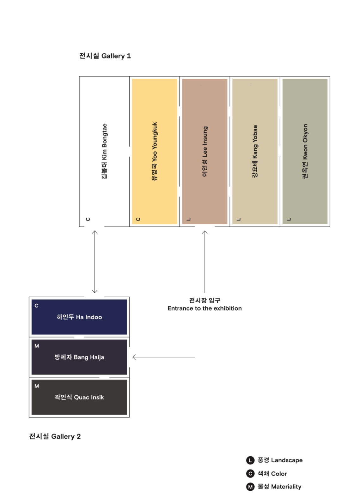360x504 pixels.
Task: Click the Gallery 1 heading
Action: pyautogui.click(x=105, y=56)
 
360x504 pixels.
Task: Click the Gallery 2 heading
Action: pyautogui.click(x=55, y=436)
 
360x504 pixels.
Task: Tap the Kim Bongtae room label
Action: pyautogui.click(x=104, y=151)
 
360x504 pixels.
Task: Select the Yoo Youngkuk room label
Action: pyautogui.click(x=155, y=151)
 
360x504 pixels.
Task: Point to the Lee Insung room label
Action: pyautogui.click(x=205, y=151)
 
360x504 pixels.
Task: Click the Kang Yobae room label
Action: pyautogui.click(x=255, y=151)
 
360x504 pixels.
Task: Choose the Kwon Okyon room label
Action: pyautogui.click(x=305, y=151)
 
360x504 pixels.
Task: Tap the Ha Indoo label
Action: pyautogui.click(x=79, y=317)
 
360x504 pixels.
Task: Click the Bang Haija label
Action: pyautogui.click(x=79, y=357)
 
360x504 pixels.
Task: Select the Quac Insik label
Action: pyautogui.click(x=79, y=397)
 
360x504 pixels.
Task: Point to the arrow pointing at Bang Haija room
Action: pyautogui.click(x=163, y=357)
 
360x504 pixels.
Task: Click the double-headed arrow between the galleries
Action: pyautogui.click(x=95, y=262)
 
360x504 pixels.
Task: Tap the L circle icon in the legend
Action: pyautogui.click(x=250, y=460)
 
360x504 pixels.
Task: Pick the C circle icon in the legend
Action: pyautogui.click(x=250, y=474)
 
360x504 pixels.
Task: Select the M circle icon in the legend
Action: pyautogui.click(x=250, y=487)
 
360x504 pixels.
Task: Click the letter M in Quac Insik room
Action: pyautogui.click(x=37, y=386)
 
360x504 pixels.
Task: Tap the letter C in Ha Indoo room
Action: pyautogui.click(x=36, y=306)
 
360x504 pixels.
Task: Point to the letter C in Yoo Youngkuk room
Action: pyautogui.click(x=138, y=219)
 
